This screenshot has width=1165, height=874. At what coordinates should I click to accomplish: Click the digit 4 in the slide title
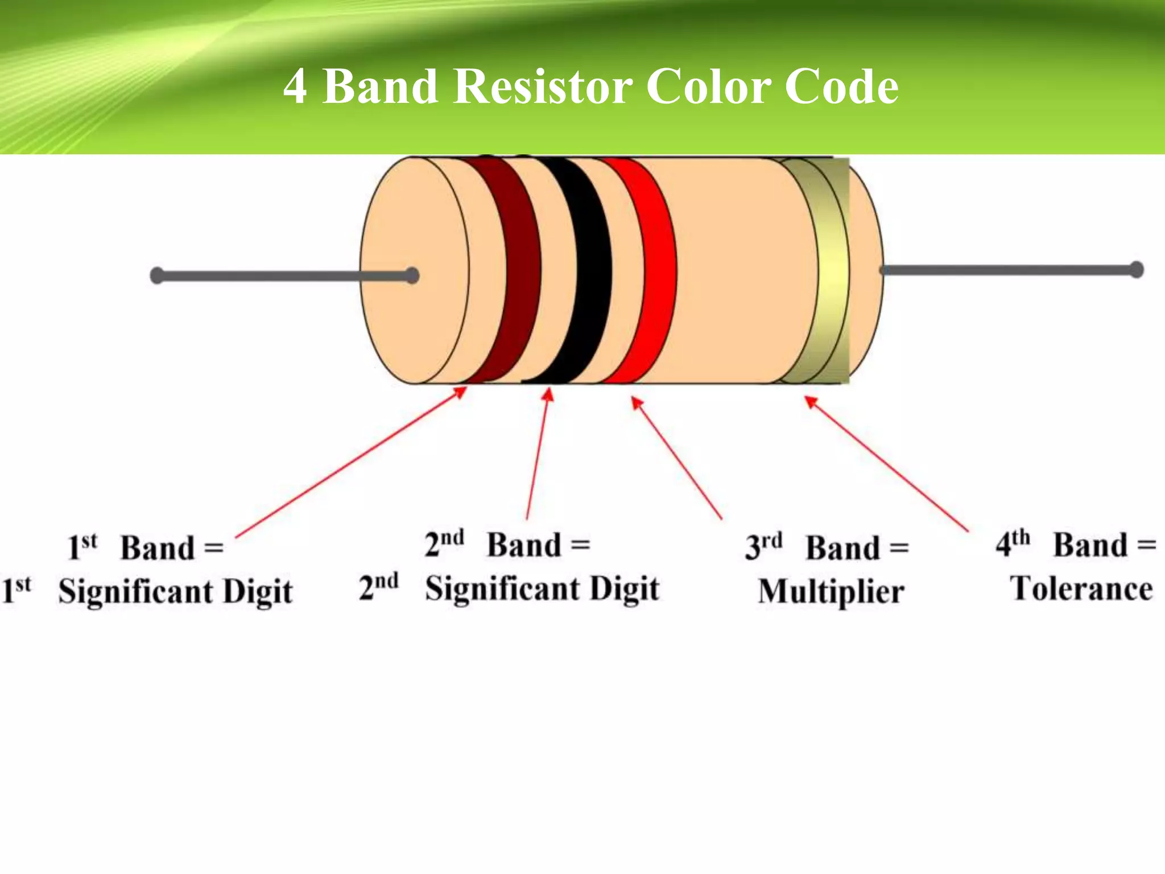tap(295, 86)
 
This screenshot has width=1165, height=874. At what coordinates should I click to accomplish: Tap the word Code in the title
tap(841, 86)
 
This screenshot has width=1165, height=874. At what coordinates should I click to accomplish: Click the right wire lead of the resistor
tap(1007, 270)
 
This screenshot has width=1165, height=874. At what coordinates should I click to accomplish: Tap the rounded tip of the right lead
tap(1136, 269)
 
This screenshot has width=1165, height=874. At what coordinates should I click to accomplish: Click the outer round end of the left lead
tap(157, 276)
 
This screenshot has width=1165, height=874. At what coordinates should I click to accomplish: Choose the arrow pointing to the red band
tap(677, 458)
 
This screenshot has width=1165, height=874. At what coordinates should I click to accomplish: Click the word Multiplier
tap(831, 592)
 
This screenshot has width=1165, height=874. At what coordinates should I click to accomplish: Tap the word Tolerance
tap(1081, 589)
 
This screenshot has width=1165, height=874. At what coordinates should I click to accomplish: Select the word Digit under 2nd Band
tap(625, 589)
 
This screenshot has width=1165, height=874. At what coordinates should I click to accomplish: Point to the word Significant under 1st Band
tap(135, 592)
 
